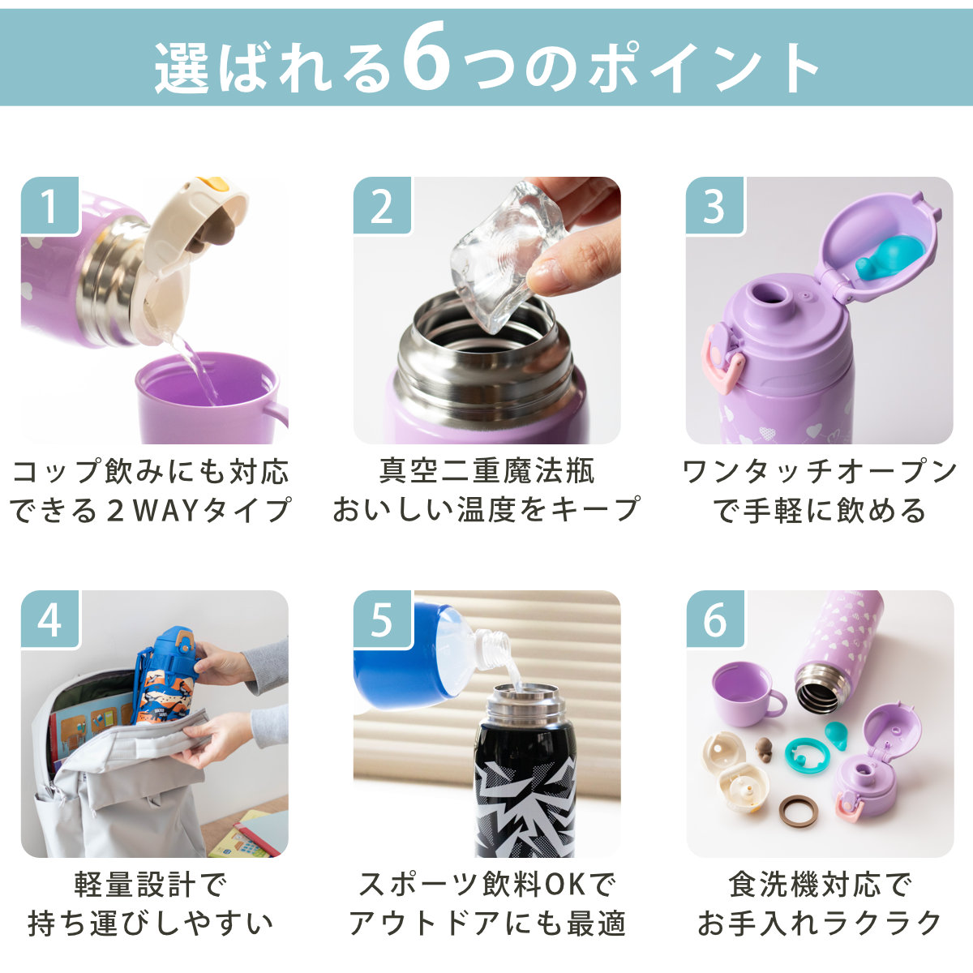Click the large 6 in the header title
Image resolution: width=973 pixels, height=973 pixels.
[x=427, y=57]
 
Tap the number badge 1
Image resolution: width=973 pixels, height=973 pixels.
[x=50, y=206]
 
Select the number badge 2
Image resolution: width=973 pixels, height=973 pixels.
[x=382, y=206]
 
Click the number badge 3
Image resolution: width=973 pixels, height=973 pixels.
[x=714, y=206]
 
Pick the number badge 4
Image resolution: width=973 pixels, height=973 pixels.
[x=50, y=619]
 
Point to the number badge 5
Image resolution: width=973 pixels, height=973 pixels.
[x=382, y=619]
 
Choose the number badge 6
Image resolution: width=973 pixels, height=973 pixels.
[x=714, y=619]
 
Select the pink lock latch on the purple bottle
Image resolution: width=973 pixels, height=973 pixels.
[x=722, y=358]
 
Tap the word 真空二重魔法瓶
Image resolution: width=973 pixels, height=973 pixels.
[x=486, y=470]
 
